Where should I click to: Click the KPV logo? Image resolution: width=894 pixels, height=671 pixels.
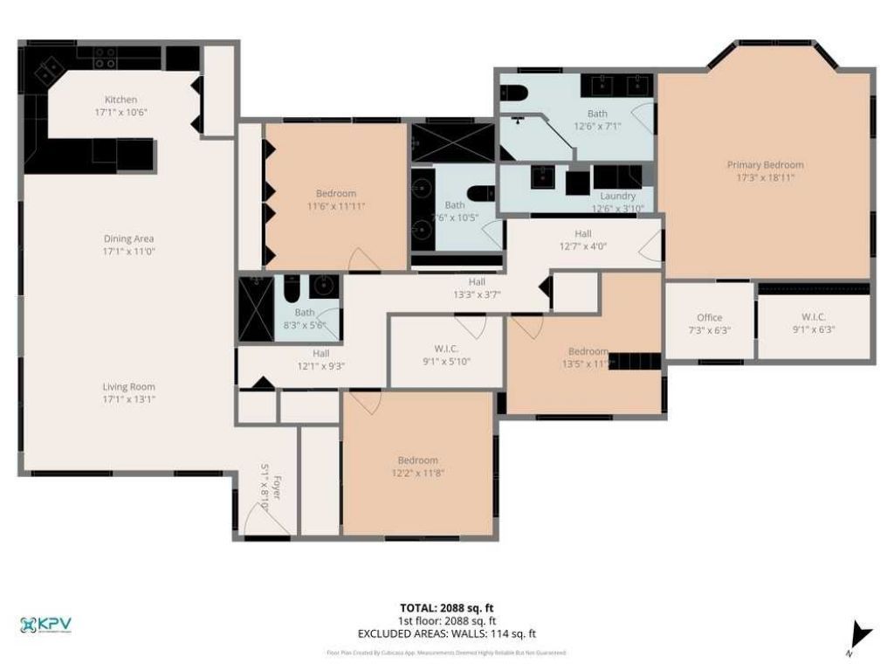(x=45, y=625)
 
